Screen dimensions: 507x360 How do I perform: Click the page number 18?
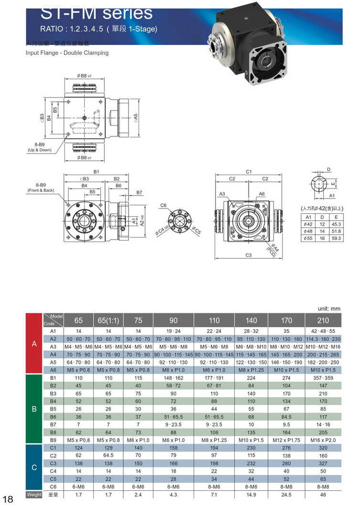pyautogui.click(x=9, y=500)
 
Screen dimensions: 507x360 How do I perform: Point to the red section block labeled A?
pyautogui.click(x=34, y=343)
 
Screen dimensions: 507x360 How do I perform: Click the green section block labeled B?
pyautogui.click(x=34, y=409)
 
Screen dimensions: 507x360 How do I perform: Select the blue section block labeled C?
pyautogui.click(x=34, y=467)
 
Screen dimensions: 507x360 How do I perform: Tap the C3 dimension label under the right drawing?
pyautogui.click(x=249, y=255)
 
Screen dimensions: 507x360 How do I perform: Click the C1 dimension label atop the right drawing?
pyautogui.click(x=249, y=171)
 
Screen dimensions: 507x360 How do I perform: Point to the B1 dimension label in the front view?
pyautogui.click(x=96, y=171)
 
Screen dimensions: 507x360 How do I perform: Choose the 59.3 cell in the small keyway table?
pyautogui.click(x=336, y=238)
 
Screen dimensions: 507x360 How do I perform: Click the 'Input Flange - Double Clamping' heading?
pyautogui.click(x=67, y=53)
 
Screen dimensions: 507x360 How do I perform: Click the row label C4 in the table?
pyautogui.click(x=53, y=471)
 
